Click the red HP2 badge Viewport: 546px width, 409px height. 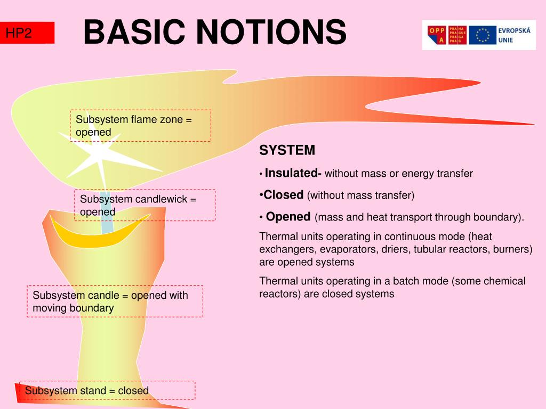27,33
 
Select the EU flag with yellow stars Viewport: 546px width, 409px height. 483,35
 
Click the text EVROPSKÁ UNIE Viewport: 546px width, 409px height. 514,35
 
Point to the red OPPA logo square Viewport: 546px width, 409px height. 437,35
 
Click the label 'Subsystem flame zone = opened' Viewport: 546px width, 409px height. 140,126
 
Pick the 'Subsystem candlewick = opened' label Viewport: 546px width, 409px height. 144,205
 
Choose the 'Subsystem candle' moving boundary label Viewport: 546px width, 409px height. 115,301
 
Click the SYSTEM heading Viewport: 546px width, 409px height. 287,151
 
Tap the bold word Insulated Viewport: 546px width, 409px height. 291,173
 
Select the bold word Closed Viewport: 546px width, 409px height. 284,195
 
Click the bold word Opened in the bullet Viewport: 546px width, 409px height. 288,217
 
